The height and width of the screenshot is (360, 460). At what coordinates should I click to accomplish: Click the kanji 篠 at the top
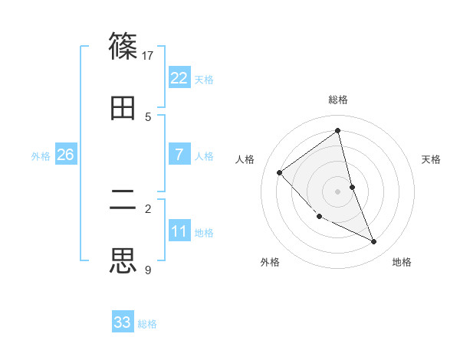(x=123, y=45)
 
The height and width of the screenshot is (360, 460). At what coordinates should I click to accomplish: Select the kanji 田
(x=123, y=108)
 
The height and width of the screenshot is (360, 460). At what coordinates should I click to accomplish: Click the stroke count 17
(x=148, y=55)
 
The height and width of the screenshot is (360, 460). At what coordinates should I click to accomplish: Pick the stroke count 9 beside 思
(x=148, y=270)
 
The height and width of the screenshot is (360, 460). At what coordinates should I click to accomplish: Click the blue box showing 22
(x=179, y=78)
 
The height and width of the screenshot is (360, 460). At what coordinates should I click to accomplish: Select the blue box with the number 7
(x=179, y=155)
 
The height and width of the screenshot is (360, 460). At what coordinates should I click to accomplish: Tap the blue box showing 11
(x=179, y=231)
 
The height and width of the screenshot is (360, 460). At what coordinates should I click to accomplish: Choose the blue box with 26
(x=65, y=155)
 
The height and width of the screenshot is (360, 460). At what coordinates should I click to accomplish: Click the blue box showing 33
(x=123, y=322)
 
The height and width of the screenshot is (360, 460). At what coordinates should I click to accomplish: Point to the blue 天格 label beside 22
(x=204, y=79)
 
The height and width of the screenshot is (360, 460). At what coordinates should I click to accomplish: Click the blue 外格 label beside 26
(x=41, y=155)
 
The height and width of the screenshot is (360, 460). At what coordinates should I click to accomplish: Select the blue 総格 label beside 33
(x=147, y=323)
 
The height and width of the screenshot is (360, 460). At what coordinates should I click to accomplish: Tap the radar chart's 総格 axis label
(x=338, y=100)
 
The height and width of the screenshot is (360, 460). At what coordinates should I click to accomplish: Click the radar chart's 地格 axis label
(x=402, y=262)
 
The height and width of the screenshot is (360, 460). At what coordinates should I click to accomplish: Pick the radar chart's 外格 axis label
(x=270, y=262)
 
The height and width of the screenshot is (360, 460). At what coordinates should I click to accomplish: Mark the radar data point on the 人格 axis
(x=280, y=172)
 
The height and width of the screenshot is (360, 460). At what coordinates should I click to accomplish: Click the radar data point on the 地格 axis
(x=374, y=241)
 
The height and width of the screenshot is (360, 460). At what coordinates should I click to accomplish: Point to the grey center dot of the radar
(x=337, y=191)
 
